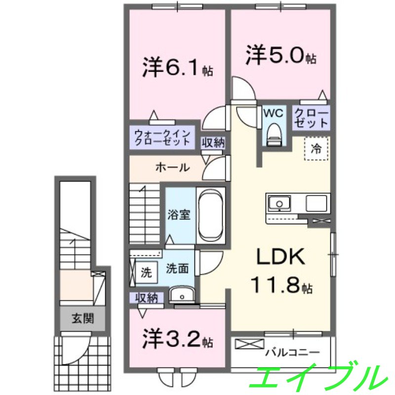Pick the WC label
tap(273, 113)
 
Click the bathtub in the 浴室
tap(211, 215)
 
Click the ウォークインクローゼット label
tap(162, 137)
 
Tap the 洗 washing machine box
tap(147, 272)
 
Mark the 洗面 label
tap(177, 270)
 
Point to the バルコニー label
tap(292, 353)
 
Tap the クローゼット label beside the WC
tap(311, 118)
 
